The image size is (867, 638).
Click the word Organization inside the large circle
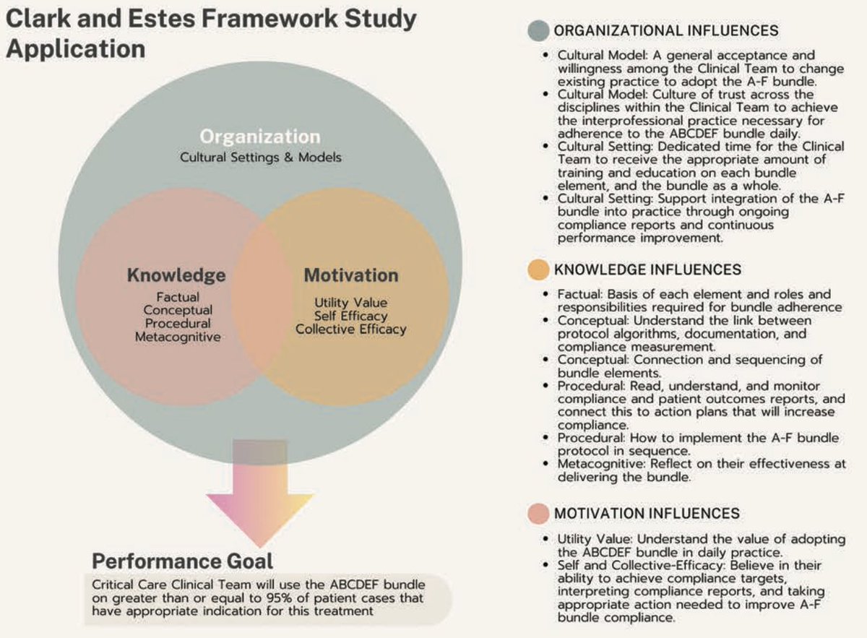pyautogui.click(x=260, y=137)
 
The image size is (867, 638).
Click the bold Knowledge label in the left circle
pyautogui.click(x=176, y=275)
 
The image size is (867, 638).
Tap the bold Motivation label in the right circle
pyautogui.click(x=351, y=275)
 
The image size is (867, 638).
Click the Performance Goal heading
pyautogui.click(x=183, y=561)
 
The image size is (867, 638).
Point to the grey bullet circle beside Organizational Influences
pyautogui.click(x=538, y=31)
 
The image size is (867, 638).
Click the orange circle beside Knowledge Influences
pyautogui.click(x=538, y=270)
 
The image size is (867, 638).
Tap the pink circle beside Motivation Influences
pyautogui.click(x=538, y=514)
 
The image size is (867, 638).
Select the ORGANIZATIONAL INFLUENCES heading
pyautogui.click(x=665, y=31)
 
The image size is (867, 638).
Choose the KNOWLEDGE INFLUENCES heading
pyautogui.click(x=647, y=270)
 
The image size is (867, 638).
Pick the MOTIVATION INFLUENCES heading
pyautogui.click(x=647, y=514)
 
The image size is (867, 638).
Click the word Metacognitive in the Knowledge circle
pyautogui.click(x=178, y=336)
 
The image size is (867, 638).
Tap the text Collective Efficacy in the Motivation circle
pyautogui.click(x=351, y=329)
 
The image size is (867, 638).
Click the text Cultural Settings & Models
pyautogui.click(x=260, y=157)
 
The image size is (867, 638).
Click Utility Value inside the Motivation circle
pyautogui.click(x=351, y=303)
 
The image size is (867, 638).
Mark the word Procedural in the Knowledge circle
pyautogui.click(x=178, y=323)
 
